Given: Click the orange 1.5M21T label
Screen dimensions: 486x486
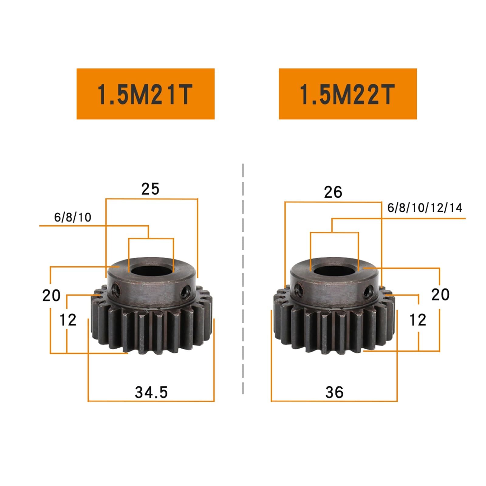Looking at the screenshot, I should pos(145,94).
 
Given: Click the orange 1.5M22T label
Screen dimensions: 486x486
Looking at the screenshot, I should pos(347,94).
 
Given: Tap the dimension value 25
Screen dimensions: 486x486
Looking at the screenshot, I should pos(150,189).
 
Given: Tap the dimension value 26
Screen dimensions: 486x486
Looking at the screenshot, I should pos(333,192).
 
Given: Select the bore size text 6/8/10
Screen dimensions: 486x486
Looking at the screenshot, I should pos(73,217).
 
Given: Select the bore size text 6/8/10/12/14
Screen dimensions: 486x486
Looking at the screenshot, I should pos(425,208).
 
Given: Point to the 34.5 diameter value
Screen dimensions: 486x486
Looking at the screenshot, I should pos(151,392).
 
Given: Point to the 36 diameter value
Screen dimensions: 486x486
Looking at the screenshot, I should pos(334,392).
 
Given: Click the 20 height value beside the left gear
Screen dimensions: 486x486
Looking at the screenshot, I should pos(51,296).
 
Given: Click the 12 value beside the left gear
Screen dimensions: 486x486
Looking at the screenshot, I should pos(68,320).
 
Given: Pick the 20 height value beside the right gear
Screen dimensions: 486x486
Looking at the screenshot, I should pos(440,295).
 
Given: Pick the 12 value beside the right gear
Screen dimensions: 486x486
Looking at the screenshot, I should pos(418,320).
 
